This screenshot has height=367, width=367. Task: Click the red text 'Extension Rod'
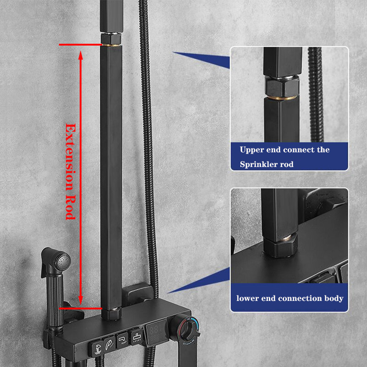pos(70,171)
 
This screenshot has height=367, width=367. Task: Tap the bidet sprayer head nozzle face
pos(64,261)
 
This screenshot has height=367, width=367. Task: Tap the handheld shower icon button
pos(110,343)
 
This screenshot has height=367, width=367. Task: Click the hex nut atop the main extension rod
pos(111,39)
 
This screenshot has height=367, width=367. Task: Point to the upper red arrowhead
pos(81,56)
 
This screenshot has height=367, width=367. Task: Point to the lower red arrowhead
pos(81,300)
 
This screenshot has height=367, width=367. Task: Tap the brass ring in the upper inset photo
pos(282,98)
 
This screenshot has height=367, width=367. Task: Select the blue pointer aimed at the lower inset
pos(199,281)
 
